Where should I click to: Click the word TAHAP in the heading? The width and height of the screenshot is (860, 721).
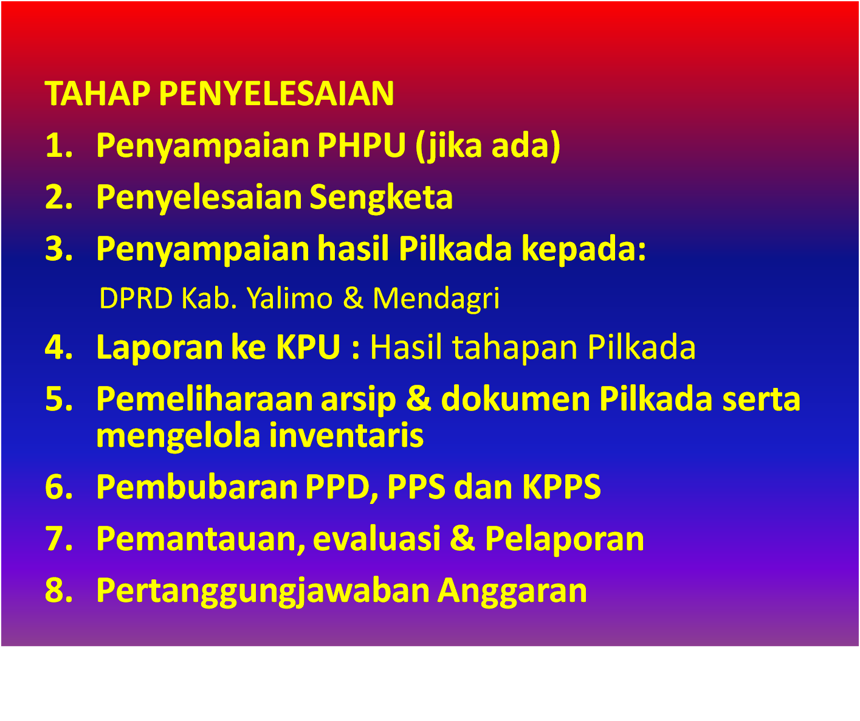point(97,94)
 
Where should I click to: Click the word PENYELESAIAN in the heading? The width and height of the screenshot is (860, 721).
point(277,94)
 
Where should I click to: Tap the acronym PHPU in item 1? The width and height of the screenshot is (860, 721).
point(361,145)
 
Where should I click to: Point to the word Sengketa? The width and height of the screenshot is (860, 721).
point(381,198)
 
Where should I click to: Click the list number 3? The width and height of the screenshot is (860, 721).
point(58,249)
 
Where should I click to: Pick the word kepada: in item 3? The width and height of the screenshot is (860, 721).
point(584,249)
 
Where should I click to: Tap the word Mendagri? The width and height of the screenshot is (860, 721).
point(436,298)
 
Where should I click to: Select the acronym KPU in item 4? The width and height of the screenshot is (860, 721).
point(308,348)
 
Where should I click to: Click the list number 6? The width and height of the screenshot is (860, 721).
point(58,487)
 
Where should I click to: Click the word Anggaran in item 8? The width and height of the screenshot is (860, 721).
point(512,591)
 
